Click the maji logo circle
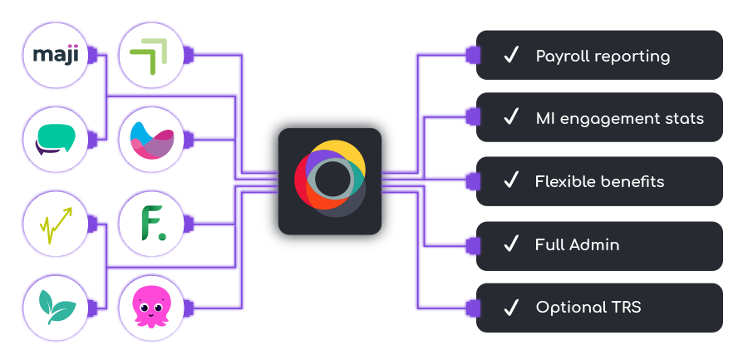tap(55, 56)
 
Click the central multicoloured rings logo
tap(330, 180)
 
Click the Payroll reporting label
tap(603, 57)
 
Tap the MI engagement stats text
tap(619, 118)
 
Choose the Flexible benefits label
tap(599, 181)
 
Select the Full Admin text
tap(577, 244)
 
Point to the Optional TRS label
tap(588, 308)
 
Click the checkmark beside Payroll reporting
tap(511, 56)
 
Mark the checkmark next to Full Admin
tap(511, 244)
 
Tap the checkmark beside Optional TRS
tap(511, 307)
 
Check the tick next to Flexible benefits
tap(511, 180)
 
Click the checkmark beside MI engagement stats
tap(511, 117)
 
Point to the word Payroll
tap(563, 57)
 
